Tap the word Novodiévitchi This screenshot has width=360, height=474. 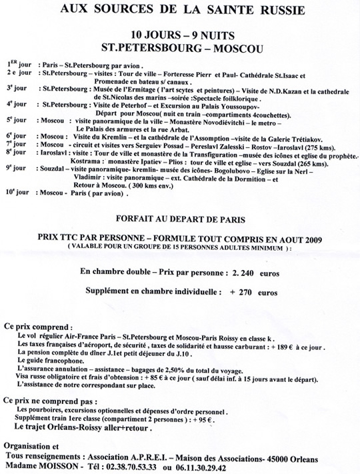[221, 122]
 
